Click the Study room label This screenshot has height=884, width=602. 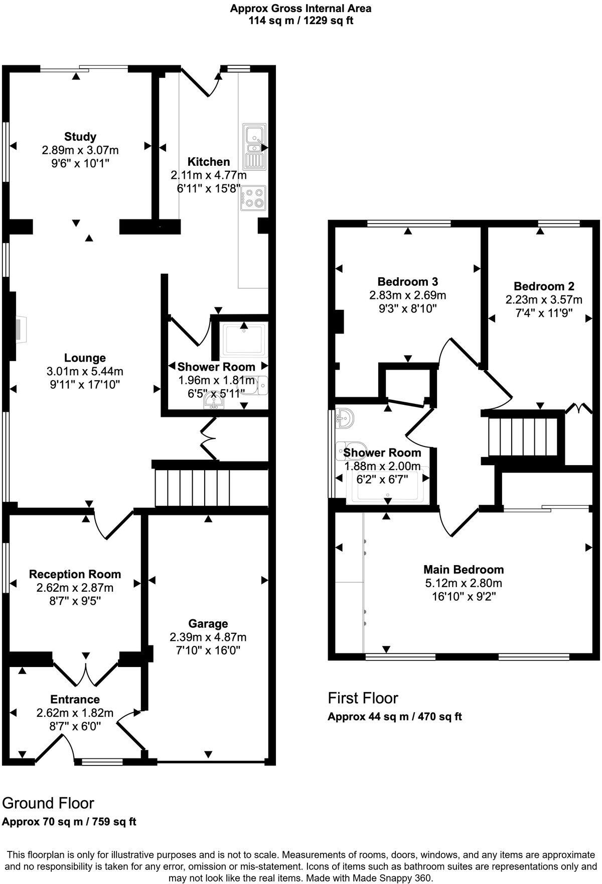(80, 137)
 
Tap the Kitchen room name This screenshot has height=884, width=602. (209, 162)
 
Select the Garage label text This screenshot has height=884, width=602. (208, 624)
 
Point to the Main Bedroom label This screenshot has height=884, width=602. (464, 570)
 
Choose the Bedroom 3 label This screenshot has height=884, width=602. (408, 281)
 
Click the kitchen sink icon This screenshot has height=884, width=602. (255, 146)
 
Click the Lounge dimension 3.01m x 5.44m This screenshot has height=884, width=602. (85, 372)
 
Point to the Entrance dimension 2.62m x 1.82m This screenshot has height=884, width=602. (75, 713)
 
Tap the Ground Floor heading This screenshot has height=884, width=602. (48, 803)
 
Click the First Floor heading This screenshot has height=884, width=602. (363, 698)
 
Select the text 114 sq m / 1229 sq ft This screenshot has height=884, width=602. (301, 21)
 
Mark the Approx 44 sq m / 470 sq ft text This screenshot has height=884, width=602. (394, 717)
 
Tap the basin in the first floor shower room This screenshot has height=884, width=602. (345, 417)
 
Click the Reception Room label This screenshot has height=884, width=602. (75, 574)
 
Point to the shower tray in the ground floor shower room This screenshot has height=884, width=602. (244, 340)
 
